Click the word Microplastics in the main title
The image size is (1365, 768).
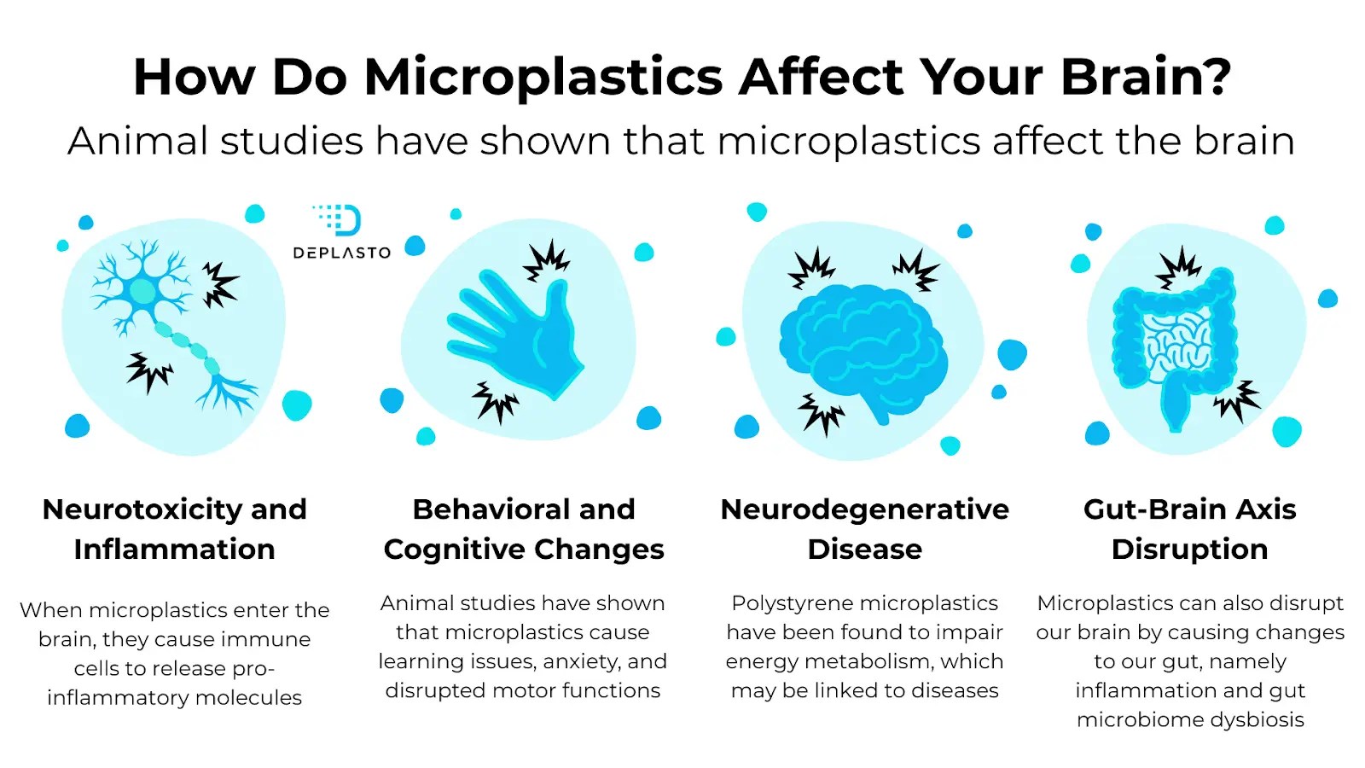[543, 78]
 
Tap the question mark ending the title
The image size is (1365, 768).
[1215, 76]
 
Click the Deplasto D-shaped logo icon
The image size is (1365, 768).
[338, 220]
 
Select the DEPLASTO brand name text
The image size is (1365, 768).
[342, 253]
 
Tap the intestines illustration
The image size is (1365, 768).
[1175, 347]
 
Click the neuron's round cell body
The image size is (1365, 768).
[142, 291]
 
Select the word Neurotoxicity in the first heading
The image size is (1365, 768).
[142, 509]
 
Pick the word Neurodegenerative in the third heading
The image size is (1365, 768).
[865, 509]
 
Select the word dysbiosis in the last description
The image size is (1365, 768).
[1258, 720]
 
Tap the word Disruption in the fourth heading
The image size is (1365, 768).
[1189, 550]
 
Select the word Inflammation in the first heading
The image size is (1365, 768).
[174, 550]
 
